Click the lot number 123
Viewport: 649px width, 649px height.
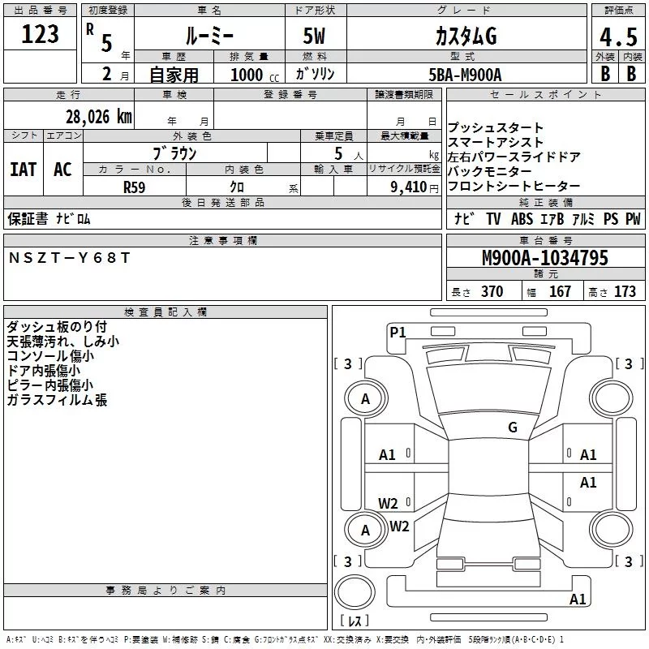[41, 35]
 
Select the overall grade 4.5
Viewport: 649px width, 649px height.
[617, 37]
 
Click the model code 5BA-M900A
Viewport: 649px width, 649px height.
[465, 75]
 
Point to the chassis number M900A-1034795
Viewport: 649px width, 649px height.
[544, 259]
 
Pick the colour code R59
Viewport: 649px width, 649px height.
[135, 187]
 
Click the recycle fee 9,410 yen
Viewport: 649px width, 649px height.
[407, 187]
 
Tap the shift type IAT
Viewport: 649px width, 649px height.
[23, 169]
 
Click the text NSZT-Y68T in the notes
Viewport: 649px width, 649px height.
[69, 257]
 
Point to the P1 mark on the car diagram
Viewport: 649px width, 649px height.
[398, 331]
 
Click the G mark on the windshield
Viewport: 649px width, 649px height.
[513, 427]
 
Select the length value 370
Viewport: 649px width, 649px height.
[492, 292]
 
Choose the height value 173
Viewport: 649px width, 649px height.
[625, 292]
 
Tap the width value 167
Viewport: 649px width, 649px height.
[560, 292]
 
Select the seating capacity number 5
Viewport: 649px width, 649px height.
[337, 152]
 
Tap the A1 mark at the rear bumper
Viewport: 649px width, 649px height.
[578, 600]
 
